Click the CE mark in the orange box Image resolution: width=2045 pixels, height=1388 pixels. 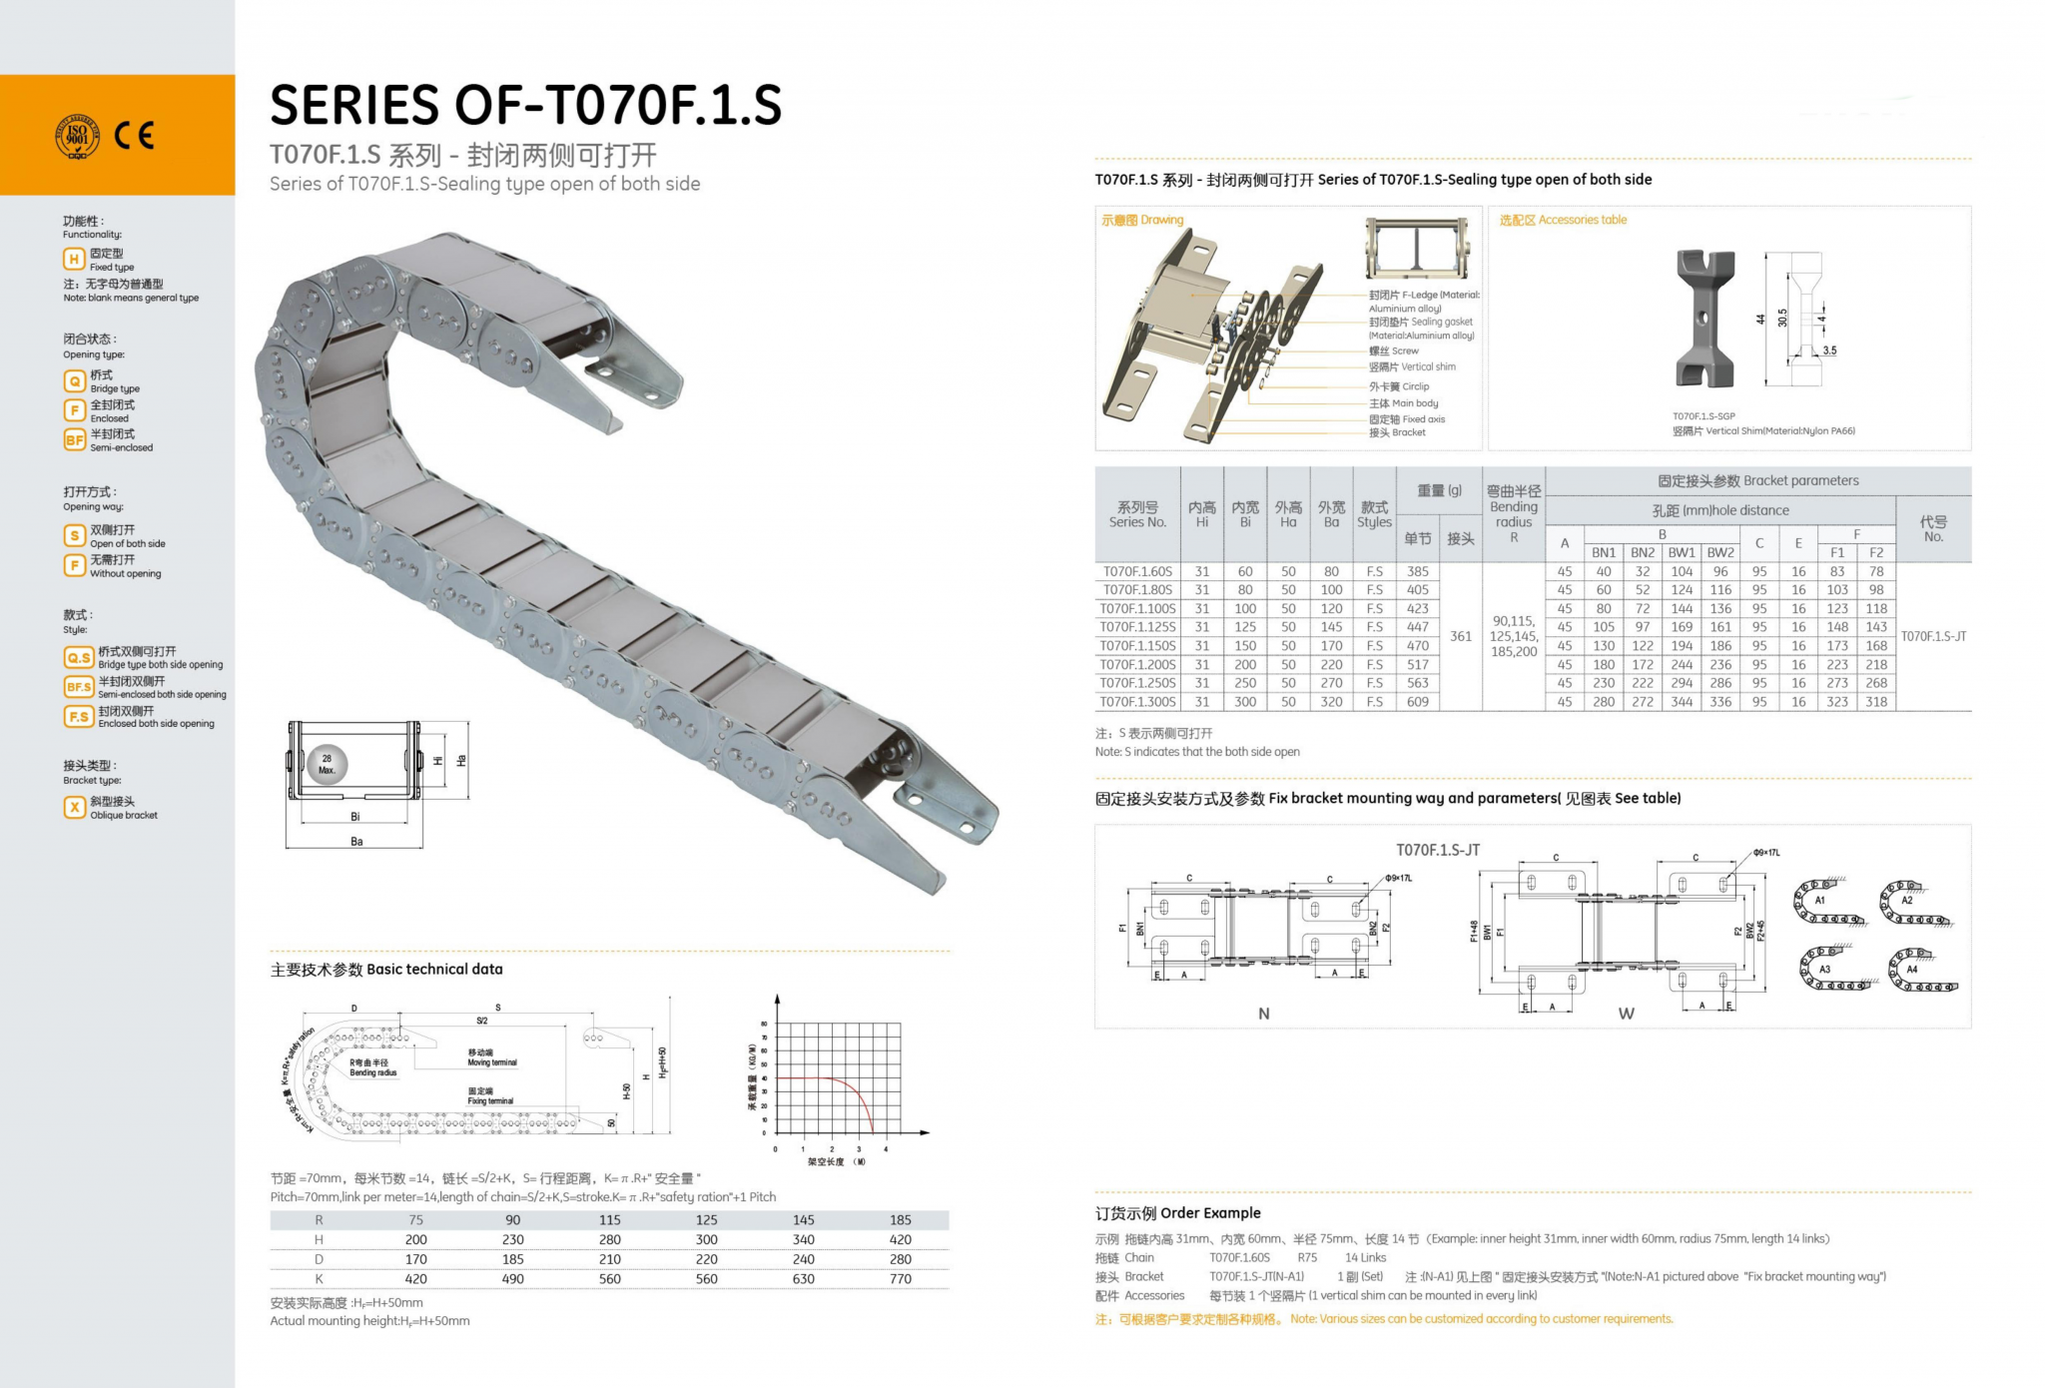pos(134,135)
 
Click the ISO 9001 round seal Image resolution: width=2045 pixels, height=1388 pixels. pos(77,136)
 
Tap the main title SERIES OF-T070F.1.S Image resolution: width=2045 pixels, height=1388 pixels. pos(525,105)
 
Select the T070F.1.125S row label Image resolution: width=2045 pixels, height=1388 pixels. pos(1137,627)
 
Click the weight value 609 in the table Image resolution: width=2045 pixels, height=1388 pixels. pos(1417,702)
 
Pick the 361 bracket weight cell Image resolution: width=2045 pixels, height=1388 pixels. pos(1460,636)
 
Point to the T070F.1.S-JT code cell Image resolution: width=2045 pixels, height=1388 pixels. pos(1933,636)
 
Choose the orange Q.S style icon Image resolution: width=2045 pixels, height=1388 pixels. pos(79,657)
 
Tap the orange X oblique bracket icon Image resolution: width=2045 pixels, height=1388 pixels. pos(74,807)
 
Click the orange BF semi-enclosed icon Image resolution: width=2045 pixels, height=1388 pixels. pos(74,439)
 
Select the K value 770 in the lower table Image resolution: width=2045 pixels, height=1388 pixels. pos(900,1279)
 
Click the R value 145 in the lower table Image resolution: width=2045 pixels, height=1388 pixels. pos(803,1220)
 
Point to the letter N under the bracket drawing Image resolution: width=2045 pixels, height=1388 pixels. pos(1263,1014)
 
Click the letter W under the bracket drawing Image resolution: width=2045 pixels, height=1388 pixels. pos(1626,1014)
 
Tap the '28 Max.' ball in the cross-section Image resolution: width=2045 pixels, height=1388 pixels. pos(327,764)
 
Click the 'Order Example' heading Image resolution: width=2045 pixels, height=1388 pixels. pos(1178,1213)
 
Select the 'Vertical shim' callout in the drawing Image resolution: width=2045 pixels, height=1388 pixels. pos(1412,366)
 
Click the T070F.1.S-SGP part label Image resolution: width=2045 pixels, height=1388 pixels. pos(1704,416)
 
